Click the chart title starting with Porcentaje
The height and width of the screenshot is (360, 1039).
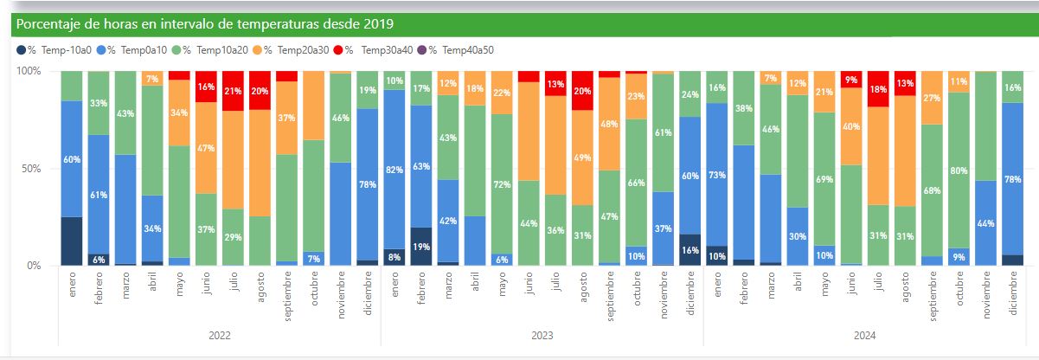point(206,24)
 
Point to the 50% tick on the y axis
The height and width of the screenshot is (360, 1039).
point(30,169)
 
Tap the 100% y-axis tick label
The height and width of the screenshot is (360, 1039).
point(29,71)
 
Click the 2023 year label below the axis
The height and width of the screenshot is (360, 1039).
point(542,335)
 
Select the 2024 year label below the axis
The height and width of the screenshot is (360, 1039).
point(865,335)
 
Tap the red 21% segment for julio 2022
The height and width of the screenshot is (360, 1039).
point(234,91)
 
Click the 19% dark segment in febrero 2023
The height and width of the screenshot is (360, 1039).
point(421,246)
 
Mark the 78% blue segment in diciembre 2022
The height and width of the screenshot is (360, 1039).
point(368,183)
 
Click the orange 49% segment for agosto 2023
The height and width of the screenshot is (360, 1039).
point(582,157)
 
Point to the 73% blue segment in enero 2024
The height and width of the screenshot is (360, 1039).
point(717,175)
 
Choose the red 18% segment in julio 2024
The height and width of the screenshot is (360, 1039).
point(878,89)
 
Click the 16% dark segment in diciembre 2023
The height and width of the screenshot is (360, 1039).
point(689,249)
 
